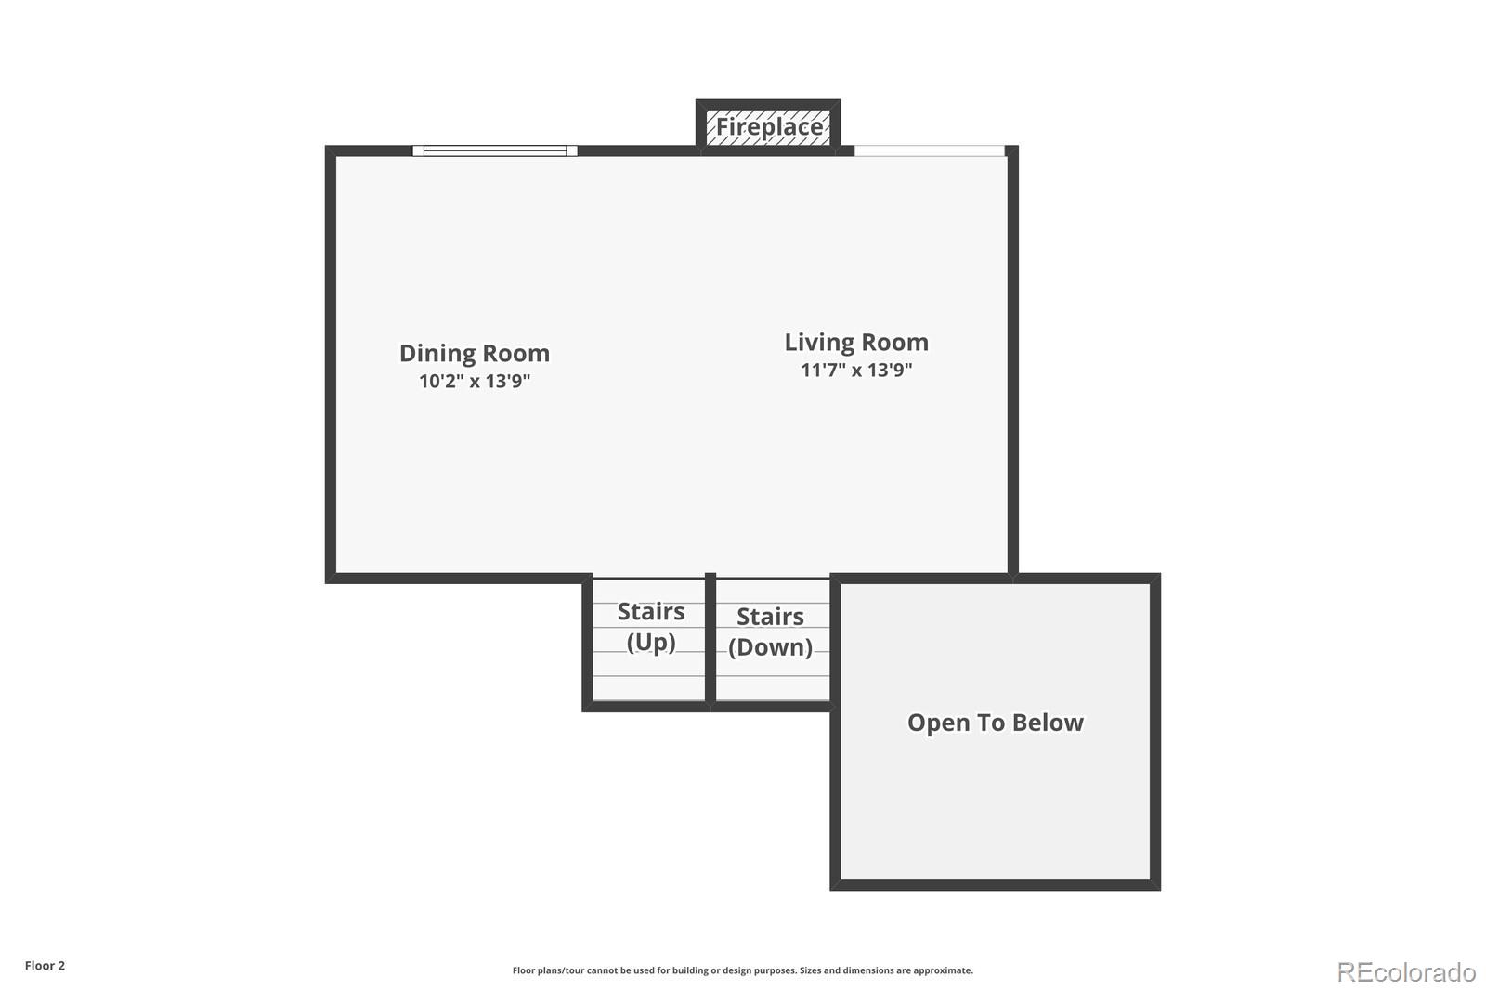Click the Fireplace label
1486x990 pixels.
pyautogui.click(x=769, y=127)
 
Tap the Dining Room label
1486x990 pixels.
pyautogui.click(x=474, y=354)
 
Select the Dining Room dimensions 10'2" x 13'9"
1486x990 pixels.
pyautogui.click(x=474, y=382)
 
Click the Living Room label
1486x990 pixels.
pyautogui.click(x=856, y=343)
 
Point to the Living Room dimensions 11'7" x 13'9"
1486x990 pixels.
pyautogui.click(x=856, y=371)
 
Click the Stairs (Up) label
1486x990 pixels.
pyautogui.click(x=651, y=627)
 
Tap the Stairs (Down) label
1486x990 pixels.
pyautogui.click(x=770, y=632)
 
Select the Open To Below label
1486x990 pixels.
pyautogui.click(x=995, y=723)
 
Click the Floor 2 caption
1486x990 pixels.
pyautogui.click(x=45, y=966)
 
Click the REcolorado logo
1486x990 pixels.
pyautogui.click(x=1406, y=972)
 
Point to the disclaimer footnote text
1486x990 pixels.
pyautogui.click(x=742, y=970)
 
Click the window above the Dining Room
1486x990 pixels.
pyautogui.click(x=495, y=150)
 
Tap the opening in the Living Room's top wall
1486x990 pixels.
pyautogui.click(x=929, y=150)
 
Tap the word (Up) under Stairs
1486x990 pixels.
pyautogui.click(x=651, y=642)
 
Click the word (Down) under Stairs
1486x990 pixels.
pyautogui.click(x=770, y=646)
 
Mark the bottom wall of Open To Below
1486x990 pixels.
pyautogui.click(x=995, y=885)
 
